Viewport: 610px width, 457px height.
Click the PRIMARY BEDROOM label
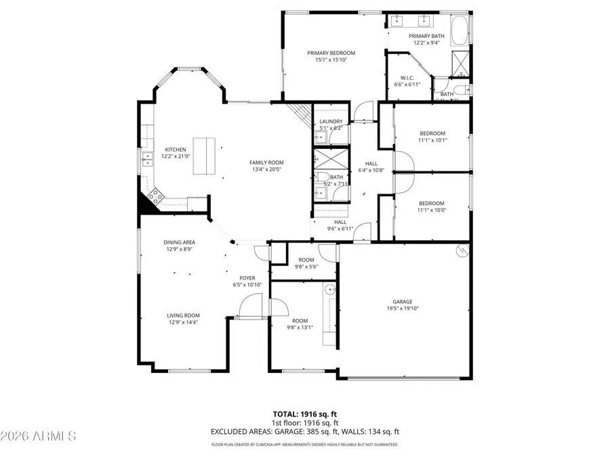[x=331, y=53]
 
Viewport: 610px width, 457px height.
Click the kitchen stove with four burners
[x=155, y=196]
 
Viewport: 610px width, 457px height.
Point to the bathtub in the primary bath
[x=462, y=30]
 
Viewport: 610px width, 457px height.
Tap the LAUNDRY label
[x=331, y=121]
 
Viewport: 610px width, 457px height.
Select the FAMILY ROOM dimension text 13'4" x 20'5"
[x=266, y=170]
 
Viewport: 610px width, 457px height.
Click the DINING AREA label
[x=179, y=242]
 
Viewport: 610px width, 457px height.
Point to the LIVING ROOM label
[x=184, y=315]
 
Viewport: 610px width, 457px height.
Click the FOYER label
[x=247, y=278]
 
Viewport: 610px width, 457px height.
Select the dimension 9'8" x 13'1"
[x=300, y=328]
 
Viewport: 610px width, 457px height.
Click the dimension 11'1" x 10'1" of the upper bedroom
[x=432, y=140]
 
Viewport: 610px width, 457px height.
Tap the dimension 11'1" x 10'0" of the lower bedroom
[x=431, y=211]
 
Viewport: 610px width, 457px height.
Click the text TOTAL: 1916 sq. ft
[x=304, y=413]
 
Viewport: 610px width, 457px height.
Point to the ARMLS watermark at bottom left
[x=39, y=435]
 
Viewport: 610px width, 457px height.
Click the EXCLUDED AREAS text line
[x=304, y=431]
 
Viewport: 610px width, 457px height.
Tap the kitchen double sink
[x=147, y=160]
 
